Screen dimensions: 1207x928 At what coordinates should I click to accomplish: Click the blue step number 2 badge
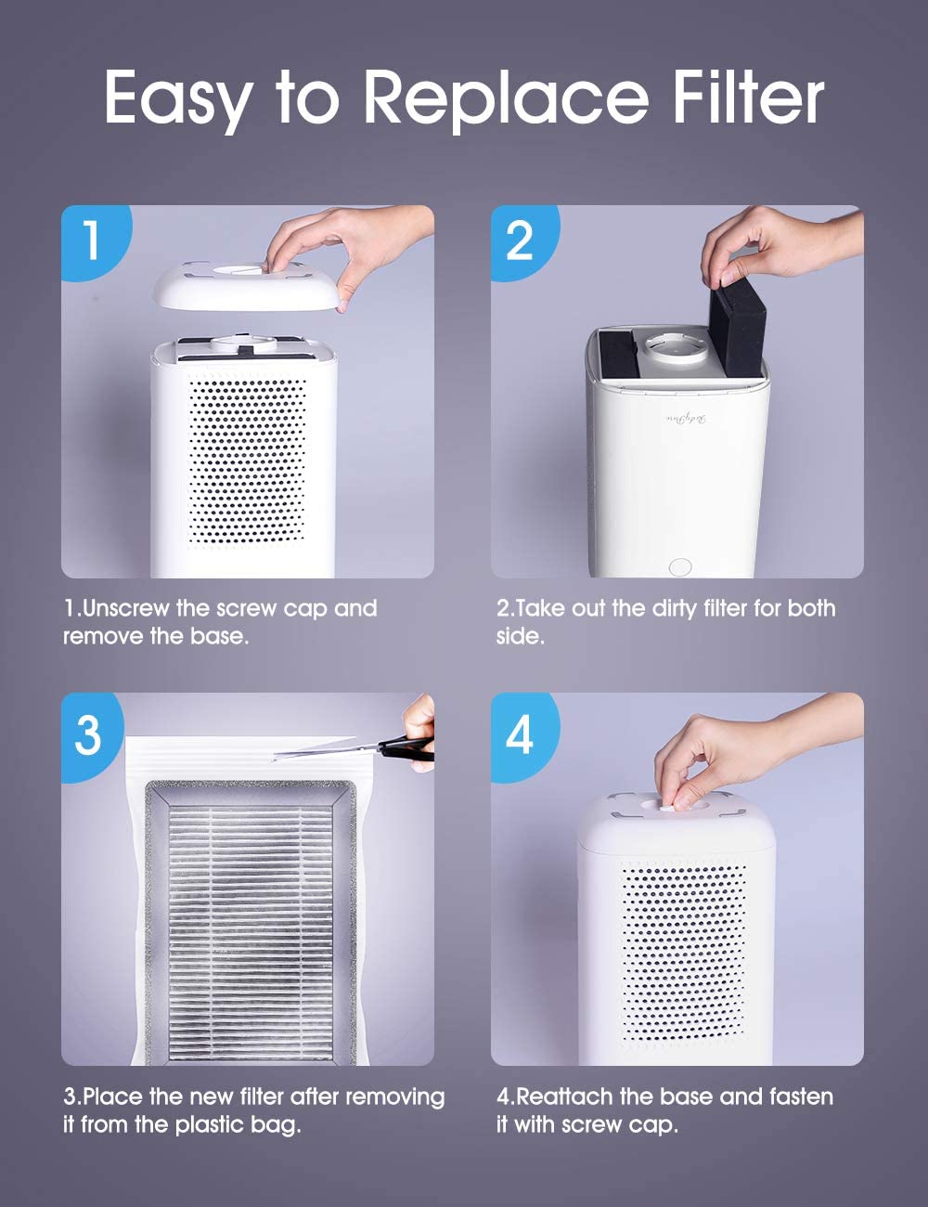(x=521, y=240)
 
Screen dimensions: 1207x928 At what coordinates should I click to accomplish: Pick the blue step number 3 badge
(x=88, y=733)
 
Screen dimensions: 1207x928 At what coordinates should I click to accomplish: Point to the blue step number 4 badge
(x=520, y=733)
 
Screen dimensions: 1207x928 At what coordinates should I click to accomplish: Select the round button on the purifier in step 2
(x=680, y=565)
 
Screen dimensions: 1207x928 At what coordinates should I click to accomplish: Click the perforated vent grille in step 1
(x=247, y=460)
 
